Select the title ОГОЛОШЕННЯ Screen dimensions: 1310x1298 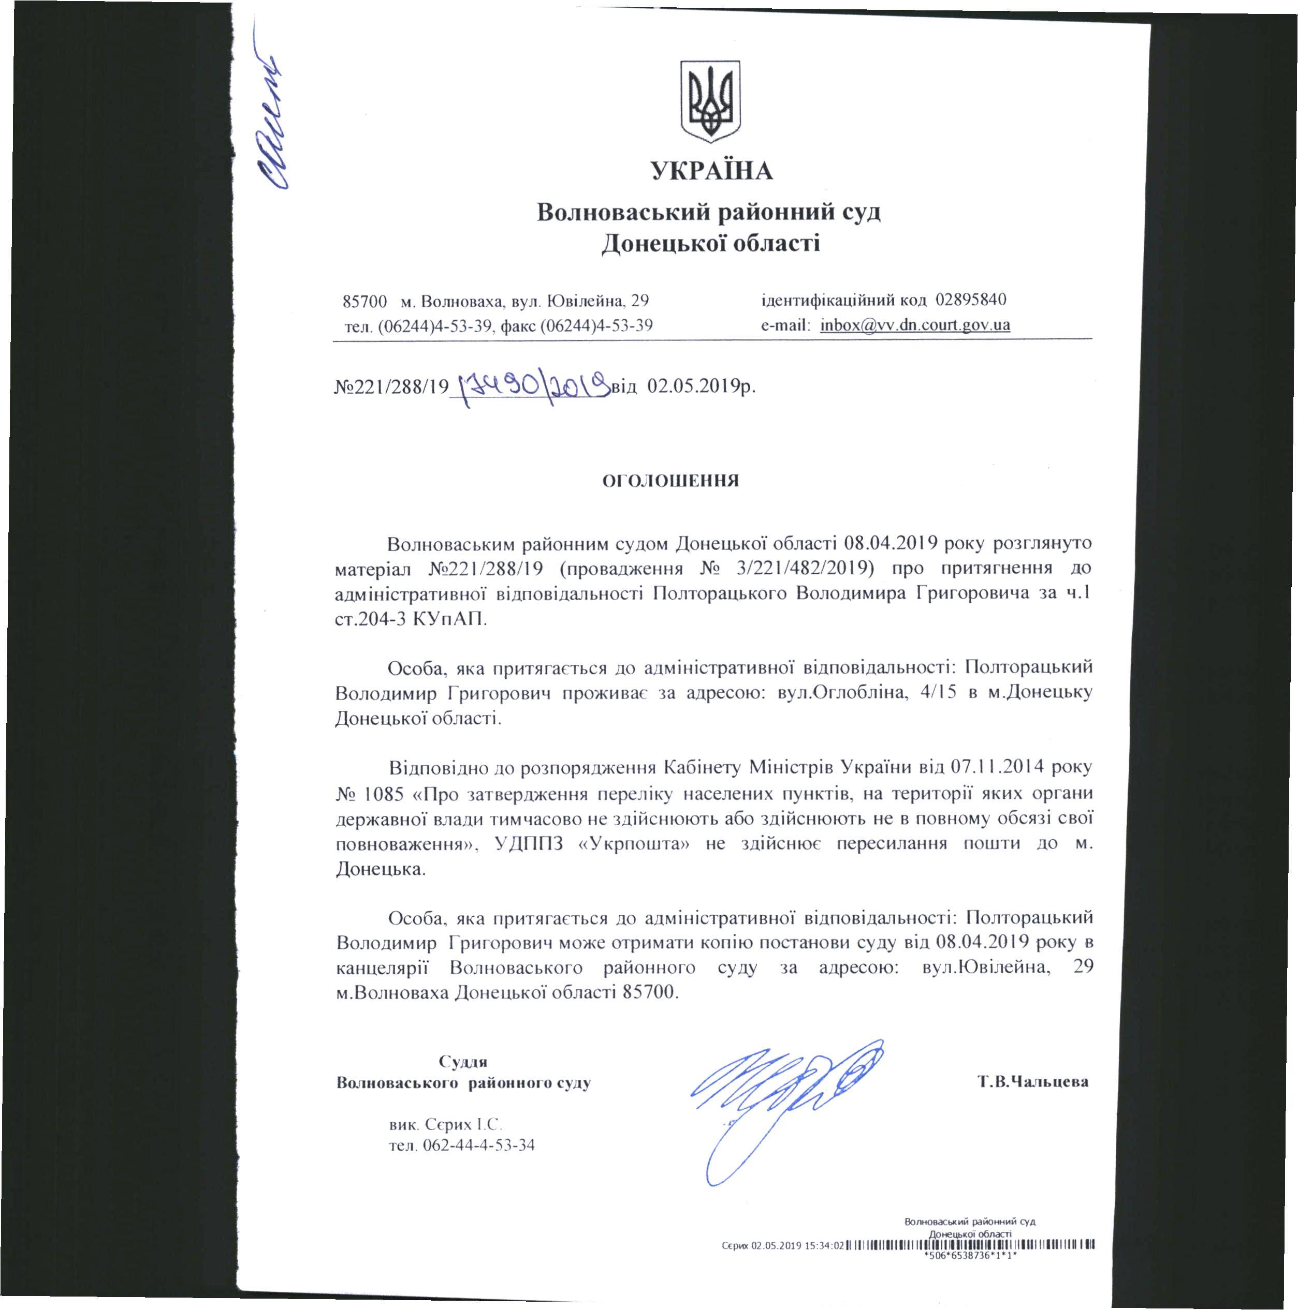[670, 481]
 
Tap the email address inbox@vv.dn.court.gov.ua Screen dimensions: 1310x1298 [915, 325]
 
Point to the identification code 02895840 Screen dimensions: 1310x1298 [971, 300]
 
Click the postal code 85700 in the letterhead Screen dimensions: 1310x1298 [365, 301]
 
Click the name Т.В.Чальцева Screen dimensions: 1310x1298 [1033, 1082]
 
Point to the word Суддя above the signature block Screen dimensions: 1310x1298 [463, 1062]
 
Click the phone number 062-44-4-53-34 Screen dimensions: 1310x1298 [478, 1146]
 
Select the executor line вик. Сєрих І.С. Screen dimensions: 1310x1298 [445, 1124]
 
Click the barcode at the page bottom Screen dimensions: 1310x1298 [971, 1245]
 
